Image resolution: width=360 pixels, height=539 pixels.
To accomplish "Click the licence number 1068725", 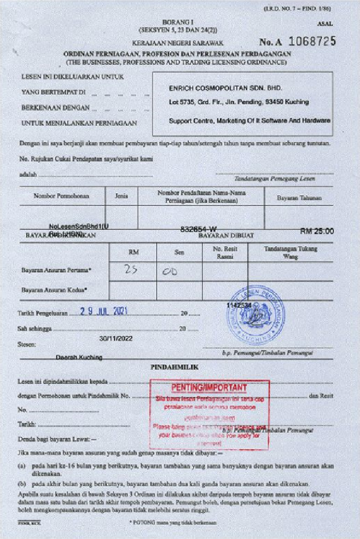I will pos(312,41).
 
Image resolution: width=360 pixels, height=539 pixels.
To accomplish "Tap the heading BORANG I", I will pos(178,22).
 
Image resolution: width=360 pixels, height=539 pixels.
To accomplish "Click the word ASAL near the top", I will pos(325,24).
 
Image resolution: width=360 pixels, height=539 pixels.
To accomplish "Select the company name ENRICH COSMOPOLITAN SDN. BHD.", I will pos(225,88).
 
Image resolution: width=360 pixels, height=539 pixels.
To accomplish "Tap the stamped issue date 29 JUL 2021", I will pos(104,311).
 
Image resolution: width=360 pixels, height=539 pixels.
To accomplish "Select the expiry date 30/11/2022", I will pos(116,338).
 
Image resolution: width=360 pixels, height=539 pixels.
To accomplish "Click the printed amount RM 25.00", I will pos(317,231).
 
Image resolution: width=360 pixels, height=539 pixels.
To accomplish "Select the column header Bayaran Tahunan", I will pos(299,198).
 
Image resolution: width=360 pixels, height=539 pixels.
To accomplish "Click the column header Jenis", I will pos(121,196).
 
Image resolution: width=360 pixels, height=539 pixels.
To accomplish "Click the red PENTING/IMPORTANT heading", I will pos(209,387).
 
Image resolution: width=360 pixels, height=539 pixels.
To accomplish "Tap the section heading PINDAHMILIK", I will pos(174,367).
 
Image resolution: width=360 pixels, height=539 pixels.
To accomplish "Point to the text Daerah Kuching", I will pos(79,357).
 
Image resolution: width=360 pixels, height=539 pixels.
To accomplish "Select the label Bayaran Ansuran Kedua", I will pos(54,290).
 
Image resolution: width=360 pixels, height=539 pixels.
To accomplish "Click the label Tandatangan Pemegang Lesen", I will pos(275,179).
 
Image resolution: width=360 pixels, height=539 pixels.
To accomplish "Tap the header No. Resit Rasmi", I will pos(225,252).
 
